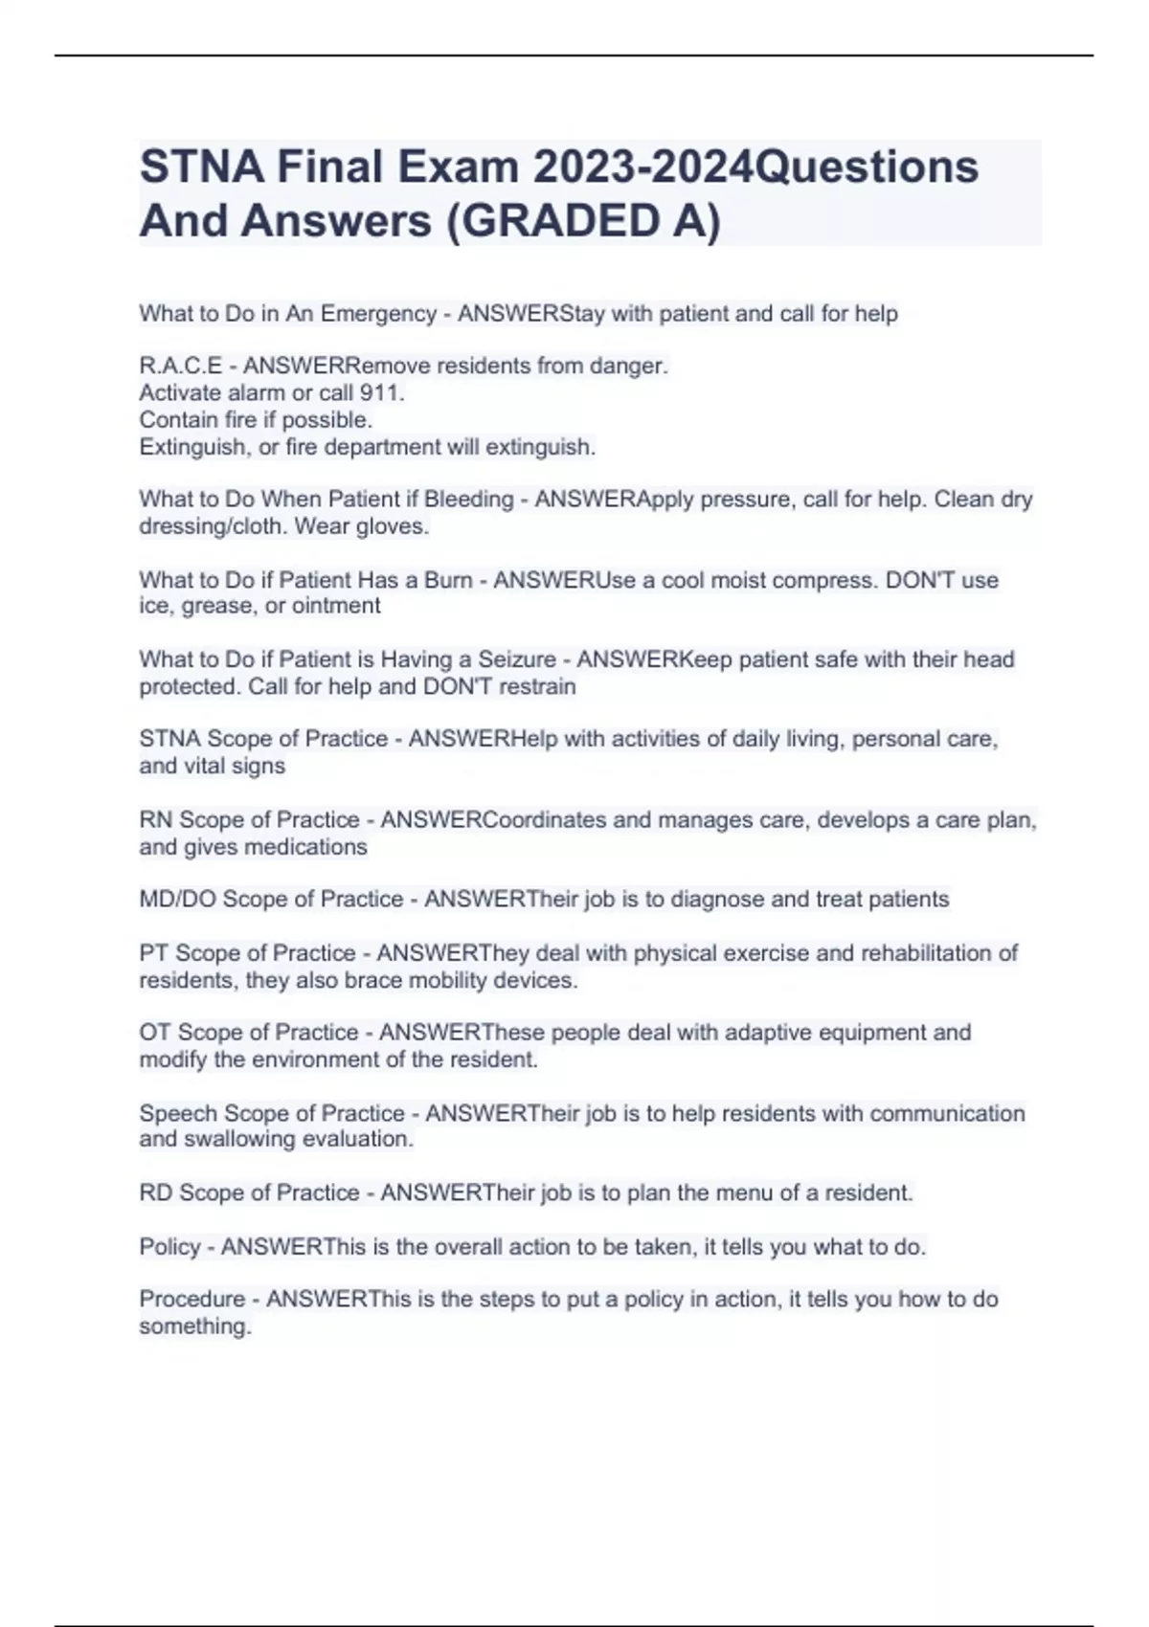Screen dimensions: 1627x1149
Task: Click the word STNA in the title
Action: coord(202,167)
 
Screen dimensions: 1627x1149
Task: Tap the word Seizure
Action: coord(517,659)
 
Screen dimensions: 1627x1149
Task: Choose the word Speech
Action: coord(174,1113)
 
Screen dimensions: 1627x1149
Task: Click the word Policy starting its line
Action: coord(170,1247)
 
